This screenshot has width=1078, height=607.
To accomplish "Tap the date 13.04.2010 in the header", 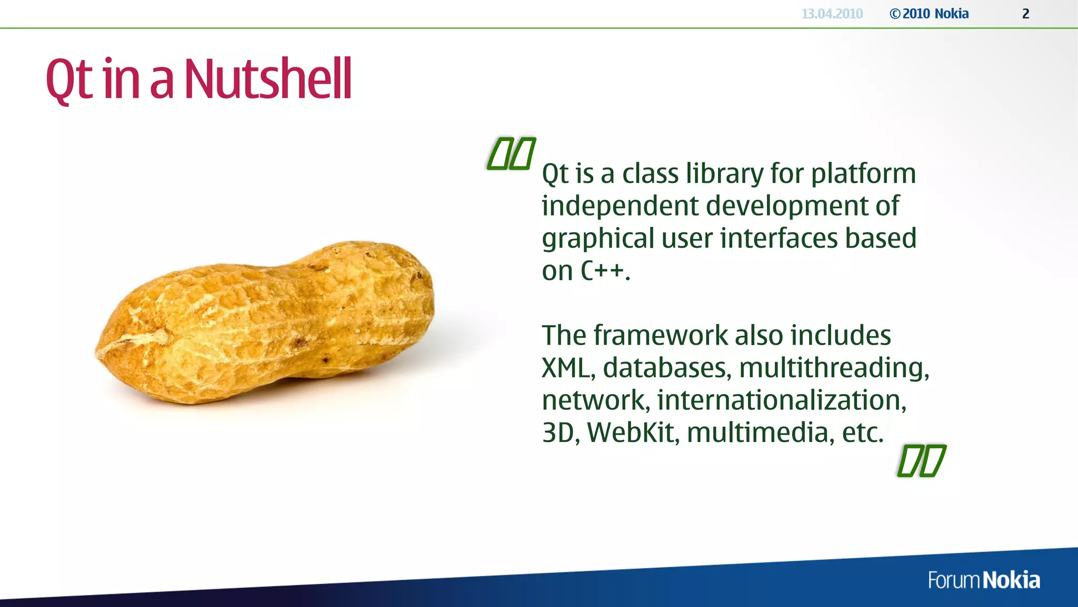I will click(x=832, y=14).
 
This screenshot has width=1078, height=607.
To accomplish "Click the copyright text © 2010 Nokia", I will click(x=929, y=14).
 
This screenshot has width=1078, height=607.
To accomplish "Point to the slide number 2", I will click(x=1025, y=14).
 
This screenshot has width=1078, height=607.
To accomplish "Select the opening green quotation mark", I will click(x=511, y=154).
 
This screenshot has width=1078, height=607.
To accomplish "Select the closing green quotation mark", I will click(x=921, y=461).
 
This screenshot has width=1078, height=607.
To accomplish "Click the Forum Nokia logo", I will click(x=983, y=580).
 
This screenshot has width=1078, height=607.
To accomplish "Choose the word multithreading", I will click(x=834, y=368).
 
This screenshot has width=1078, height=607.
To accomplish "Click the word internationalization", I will click(x=781, y=400).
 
